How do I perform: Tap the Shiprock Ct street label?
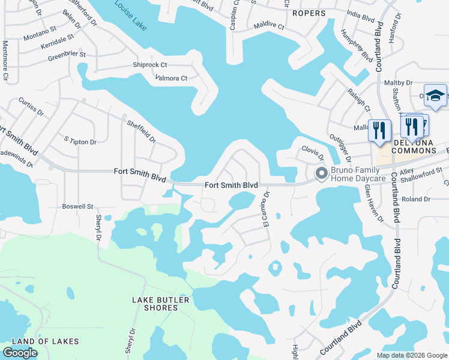(x=149, y=65)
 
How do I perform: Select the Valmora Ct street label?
(x=172, y=78)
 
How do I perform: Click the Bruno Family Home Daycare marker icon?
(x=322, y=174)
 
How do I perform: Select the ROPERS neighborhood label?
(x=309, y=13)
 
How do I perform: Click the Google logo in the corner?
(x=20, y=353)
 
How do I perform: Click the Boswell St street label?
(x=77, y=206)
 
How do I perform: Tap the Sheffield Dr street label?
(x=141, y=131)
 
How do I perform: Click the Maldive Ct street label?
(x=268, y=26)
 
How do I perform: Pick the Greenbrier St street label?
(x=67, y=55)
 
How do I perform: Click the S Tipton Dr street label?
(x=80, y=142)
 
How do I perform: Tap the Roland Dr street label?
(x=417, y=199)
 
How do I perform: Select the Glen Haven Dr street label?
(x=373, y=203)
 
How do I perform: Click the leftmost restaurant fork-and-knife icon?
(x=379, y=130)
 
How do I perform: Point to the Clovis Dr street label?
(x=313, y=152)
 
